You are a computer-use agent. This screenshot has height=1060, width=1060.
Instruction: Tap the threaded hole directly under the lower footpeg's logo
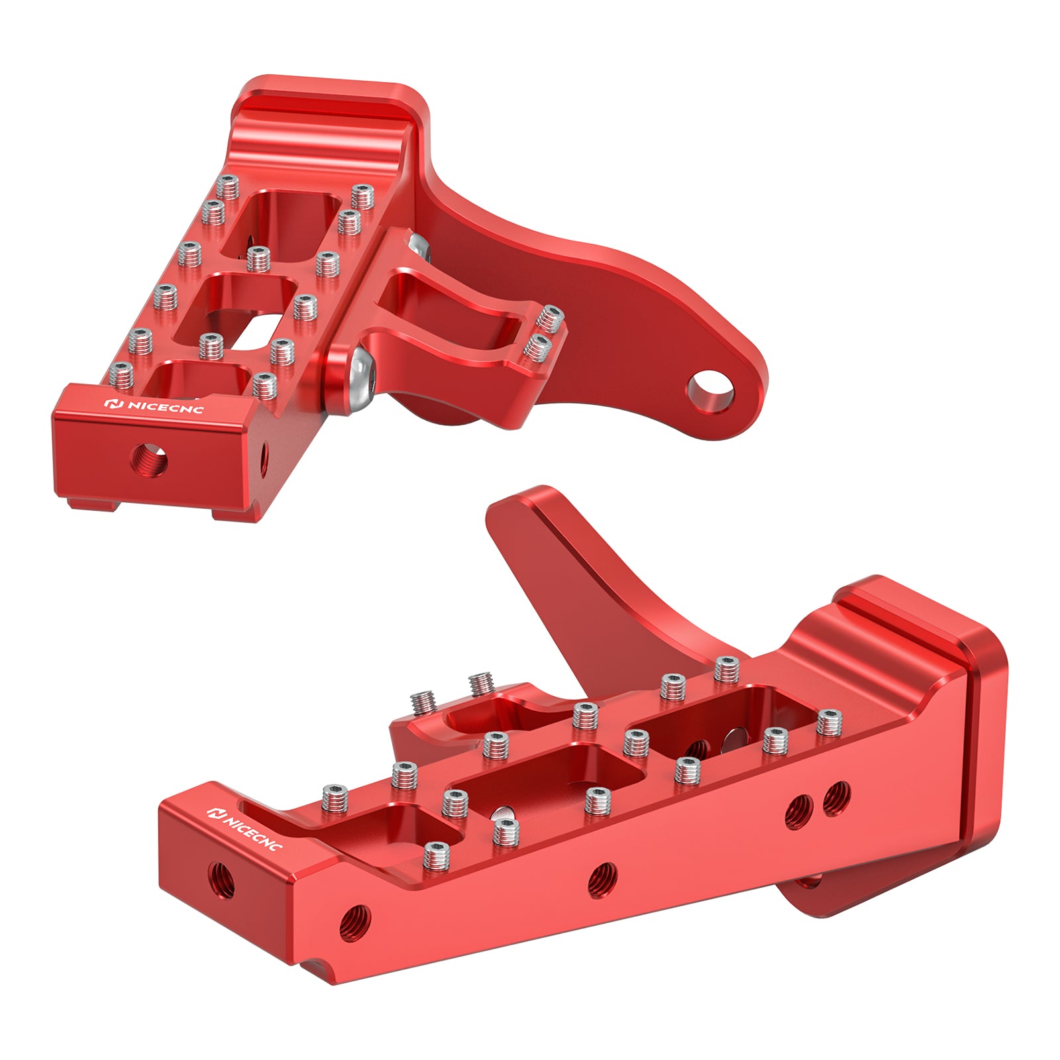(220, 880)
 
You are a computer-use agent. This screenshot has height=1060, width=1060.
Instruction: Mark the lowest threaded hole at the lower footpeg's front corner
(354, 920)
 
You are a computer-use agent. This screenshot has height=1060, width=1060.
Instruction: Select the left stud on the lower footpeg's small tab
(423, 700)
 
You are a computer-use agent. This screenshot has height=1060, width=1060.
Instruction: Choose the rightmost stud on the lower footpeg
(829, 722)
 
